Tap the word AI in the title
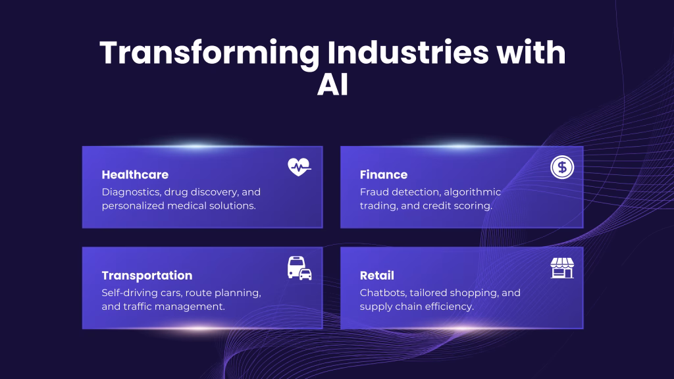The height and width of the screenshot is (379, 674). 332,86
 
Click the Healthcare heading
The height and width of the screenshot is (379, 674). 135,174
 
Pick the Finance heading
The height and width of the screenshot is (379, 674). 384,174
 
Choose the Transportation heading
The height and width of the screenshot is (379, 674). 147,275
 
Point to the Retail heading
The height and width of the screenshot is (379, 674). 377,275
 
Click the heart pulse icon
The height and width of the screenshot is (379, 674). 299,168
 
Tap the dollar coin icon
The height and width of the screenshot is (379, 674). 562,168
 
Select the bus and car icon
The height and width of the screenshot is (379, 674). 299,268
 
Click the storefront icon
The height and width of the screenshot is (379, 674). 562,268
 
